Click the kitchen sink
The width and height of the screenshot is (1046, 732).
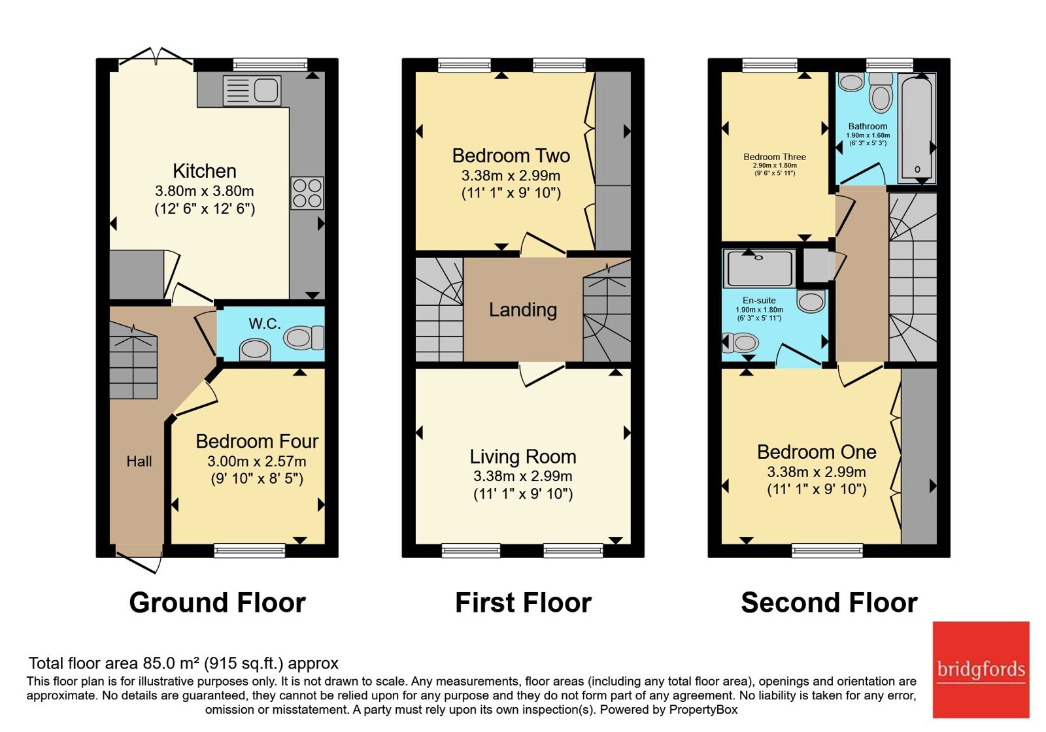(252, 90)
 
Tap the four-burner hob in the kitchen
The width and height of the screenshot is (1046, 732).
(307, 193)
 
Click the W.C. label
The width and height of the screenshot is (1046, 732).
(265, 323)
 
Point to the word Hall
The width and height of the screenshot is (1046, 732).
(139, 461)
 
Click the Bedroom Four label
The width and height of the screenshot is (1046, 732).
(257, 441)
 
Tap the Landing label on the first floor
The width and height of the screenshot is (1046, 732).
(523, 310)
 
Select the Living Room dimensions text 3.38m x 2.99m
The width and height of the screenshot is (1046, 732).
(523, 476)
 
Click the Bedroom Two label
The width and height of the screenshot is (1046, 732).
(511, 156)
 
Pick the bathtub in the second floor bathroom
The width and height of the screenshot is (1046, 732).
(917, 128)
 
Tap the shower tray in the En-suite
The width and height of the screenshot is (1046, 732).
(759, 268)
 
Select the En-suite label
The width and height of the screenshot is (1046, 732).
(759, 300)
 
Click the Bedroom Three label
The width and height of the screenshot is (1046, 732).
(775, 157)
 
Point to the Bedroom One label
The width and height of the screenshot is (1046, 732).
(817, 452)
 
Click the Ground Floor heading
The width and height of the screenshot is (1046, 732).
(218, 603)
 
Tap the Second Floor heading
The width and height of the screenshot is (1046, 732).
(830, 603)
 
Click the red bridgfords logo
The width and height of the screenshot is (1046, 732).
(981, 669)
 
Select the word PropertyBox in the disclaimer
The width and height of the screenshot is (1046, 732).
(703, 710)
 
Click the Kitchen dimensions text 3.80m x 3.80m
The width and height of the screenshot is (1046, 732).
(205, 191)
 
